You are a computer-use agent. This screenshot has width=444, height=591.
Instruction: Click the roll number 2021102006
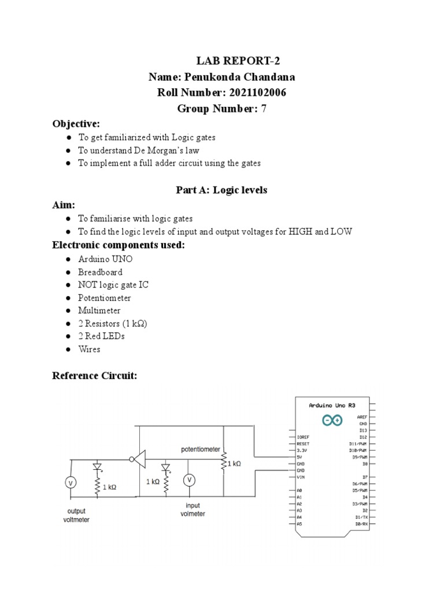[257, 93]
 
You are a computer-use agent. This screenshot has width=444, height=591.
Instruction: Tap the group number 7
[264, 109]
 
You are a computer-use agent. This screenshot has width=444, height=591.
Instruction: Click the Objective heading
[76, 124]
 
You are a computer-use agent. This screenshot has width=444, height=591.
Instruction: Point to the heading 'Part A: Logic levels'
[221, 190]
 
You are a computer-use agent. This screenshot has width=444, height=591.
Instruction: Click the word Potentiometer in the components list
[105, 298]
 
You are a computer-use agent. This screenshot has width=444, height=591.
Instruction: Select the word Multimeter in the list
[99, 311]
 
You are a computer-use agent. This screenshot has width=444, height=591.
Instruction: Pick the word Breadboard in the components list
[100, 272]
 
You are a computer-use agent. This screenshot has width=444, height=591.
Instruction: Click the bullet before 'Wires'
[69, 349]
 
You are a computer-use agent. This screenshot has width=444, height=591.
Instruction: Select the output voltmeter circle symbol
[71, 482]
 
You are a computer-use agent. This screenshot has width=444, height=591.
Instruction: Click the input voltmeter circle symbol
[188, 480]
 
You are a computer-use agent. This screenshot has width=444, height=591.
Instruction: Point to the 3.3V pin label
[302, 451]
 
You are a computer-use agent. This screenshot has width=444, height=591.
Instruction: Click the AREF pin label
[362, 416]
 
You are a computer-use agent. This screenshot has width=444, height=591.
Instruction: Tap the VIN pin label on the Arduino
[300, 477]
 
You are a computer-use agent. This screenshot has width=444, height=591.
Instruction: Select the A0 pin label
[299, 490]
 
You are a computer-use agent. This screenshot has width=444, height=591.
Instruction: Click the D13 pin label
[363, 430]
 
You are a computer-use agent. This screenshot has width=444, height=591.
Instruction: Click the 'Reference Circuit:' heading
[95, 376]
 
